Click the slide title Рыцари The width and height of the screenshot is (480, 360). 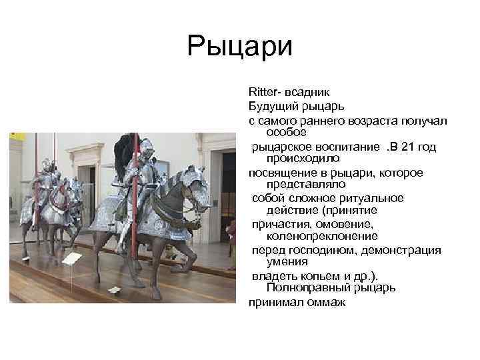click(x=240, y=47)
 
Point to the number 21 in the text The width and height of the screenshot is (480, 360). click(x=416, y=147)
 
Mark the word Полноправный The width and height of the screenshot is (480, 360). click(x=305, y=288)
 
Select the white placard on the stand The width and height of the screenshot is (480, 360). click(x=71, y=259)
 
